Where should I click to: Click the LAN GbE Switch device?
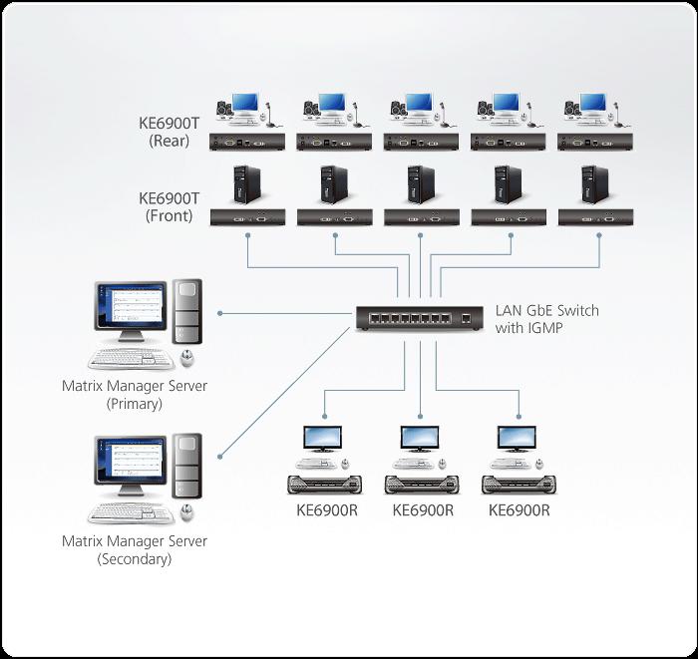pos(420,319)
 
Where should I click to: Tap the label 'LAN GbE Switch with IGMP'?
pos(547,318)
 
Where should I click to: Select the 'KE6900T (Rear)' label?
pos(174,133)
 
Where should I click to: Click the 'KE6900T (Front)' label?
pos(174,206)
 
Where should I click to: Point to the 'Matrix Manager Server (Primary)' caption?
pos(135,395)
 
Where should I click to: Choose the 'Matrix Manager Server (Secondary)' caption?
pos(135,550)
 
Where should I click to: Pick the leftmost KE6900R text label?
pos(326,510)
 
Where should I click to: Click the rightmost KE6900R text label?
pos(519,510)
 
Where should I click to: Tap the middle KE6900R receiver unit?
pos(423,485)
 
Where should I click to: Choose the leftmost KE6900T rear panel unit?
pos(248,142)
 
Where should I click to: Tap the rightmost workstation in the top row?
pos(594,110)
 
